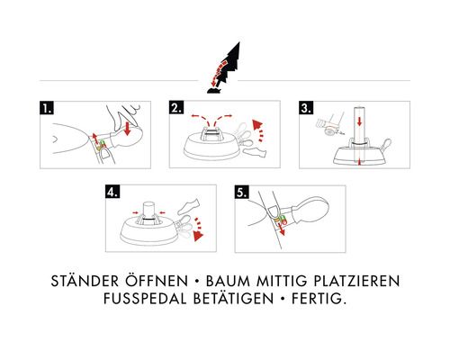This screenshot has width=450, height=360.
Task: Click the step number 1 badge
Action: (x=47, y=108)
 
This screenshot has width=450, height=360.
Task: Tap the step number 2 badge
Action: (x=176, y=107)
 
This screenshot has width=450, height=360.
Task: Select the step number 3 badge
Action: (x=306, y=108)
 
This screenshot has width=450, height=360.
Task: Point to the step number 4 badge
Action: (x=112, y=192)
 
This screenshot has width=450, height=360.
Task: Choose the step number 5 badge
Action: (x=242, y=192)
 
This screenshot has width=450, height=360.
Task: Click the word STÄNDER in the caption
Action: (x=85, y=281)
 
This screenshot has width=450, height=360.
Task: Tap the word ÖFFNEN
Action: (x=157, y=281)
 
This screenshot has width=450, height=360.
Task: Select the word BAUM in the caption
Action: (x=228, y=281)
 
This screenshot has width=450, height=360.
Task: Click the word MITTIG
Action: (x=282, y=281)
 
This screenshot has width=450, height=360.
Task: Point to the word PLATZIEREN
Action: (x=356, y=281)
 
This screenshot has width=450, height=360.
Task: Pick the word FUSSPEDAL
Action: (x=145, y=299)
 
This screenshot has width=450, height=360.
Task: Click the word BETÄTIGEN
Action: (x=233, y=298)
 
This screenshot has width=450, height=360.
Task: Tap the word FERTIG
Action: (x=319, y=299)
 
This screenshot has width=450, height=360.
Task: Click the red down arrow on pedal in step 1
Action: (x=127, y=128)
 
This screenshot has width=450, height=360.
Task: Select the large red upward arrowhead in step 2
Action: (x=257, y=124)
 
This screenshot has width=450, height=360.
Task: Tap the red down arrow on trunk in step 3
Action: (x=359, y=121)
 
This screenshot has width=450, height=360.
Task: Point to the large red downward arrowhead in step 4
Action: (x=198, y=236)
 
